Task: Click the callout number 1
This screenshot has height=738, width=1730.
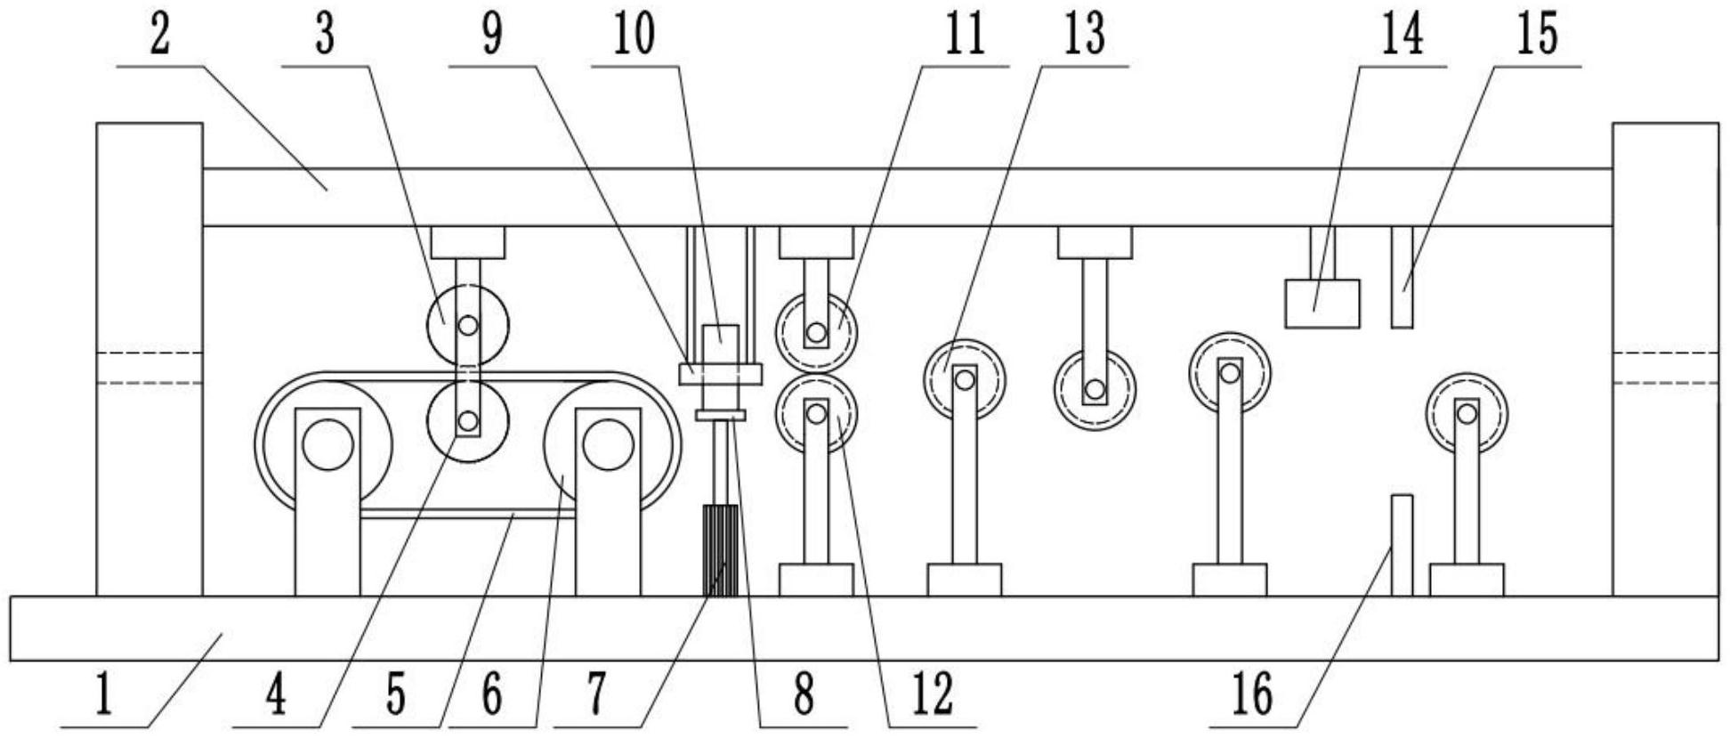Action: click(104, 695)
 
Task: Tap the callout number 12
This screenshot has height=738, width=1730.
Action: click(932, 695)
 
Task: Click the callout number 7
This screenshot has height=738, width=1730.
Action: click(596, 695)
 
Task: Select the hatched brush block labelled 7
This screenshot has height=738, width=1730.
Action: click(721, 550)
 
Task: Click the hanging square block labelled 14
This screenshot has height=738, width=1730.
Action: click(1322, 304)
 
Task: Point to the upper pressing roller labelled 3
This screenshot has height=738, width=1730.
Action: click(467, 326)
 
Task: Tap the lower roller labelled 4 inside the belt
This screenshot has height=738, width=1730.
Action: click(467, 419)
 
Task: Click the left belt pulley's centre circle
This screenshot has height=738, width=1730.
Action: click(327, 445)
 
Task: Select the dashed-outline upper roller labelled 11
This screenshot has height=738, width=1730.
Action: click(816, 334)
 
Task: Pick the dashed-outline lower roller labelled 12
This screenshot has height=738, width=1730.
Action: click(816, 413)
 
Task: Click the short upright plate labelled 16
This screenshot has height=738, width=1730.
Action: click(1402, 545)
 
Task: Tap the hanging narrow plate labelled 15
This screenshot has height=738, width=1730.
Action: click(1402, 277)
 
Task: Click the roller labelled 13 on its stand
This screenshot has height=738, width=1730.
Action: click(964, 379)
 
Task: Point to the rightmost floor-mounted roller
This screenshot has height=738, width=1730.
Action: click(1467, 414)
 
